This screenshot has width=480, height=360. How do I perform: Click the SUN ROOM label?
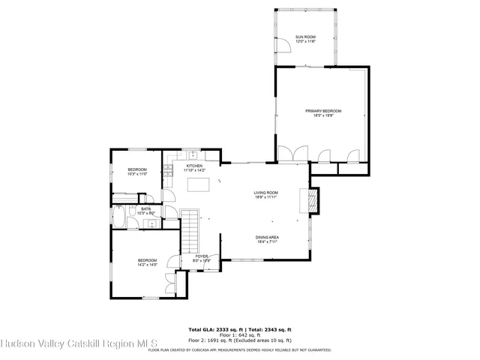[304, 37]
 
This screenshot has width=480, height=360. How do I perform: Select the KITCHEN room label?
[194, 166]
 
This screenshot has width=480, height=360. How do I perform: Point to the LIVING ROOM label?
[265, 193]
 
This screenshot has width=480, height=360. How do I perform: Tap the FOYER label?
[202, 256]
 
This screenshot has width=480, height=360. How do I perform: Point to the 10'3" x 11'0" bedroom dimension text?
[136, 173]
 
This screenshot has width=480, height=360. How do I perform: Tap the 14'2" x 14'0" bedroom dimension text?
[147, 265]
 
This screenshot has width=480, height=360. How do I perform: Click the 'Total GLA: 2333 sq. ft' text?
[213, 329]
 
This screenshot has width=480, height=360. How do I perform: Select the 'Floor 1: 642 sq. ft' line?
[239, 335]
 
